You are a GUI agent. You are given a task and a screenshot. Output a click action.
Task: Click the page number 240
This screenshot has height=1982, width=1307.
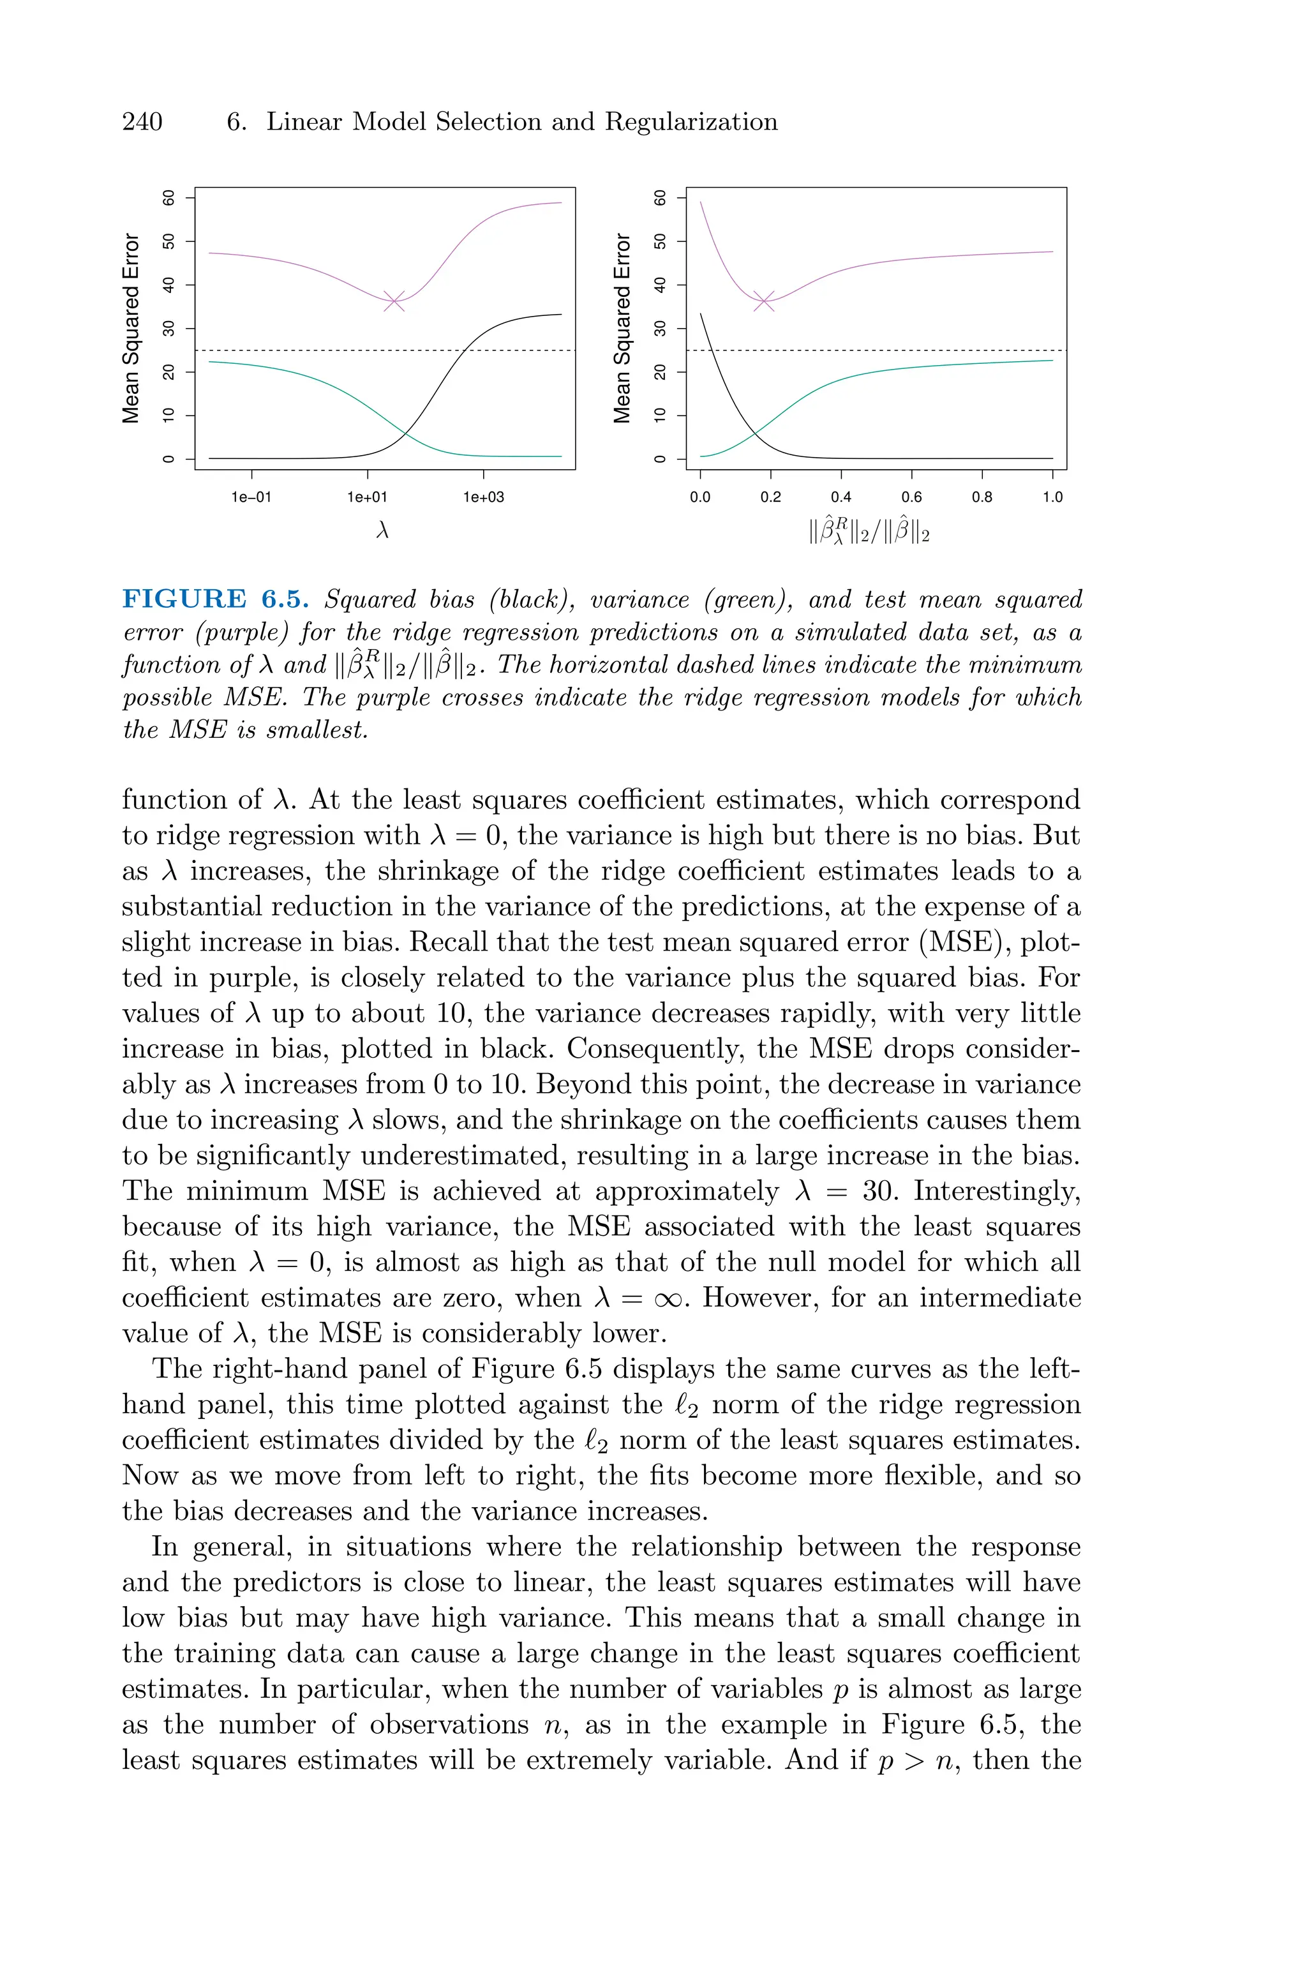pos(142,122)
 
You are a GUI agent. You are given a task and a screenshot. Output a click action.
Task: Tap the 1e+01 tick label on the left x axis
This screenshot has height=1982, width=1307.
pos(368,498)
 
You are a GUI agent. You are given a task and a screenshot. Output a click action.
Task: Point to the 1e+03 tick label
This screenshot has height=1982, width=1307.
pos(484,498)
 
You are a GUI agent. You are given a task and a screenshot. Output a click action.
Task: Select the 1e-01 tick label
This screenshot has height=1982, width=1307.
pos(251,498)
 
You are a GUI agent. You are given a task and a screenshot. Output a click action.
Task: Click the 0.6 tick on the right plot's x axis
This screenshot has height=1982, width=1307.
pos(912,498)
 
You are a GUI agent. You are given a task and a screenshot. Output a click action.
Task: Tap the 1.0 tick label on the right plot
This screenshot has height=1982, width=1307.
pos(1053,498)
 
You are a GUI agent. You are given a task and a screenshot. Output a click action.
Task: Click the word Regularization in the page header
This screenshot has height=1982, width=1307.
pos(691,122)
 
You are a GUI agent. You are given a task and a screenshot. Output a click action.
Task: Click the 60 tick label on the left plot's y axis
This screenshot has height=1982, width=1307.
pos(169,197)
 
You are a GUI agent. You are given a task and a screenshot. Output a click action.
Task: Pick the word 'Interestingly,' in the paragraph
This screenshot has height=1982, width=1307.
pos(997,1191)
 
